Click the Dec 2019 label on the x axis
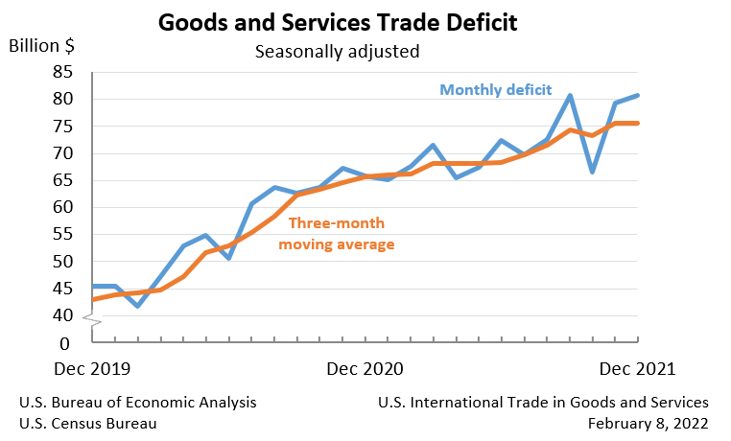[x=92, y=369]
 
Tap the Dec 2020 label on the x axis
[x=365, y=369]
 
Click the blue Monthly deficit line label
[x=496, y=90]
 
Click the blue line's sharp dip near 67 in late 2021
[x=593, y=172]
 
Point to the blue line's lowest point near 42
[x=138, y=306]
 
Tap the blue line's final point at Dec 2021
[x=639, y=95]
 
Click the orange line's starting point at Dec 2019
[x=93, y=299]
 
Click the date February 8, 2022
[x=648, y=423]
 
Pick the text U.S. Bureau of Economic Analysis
[x=137, y=403]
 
